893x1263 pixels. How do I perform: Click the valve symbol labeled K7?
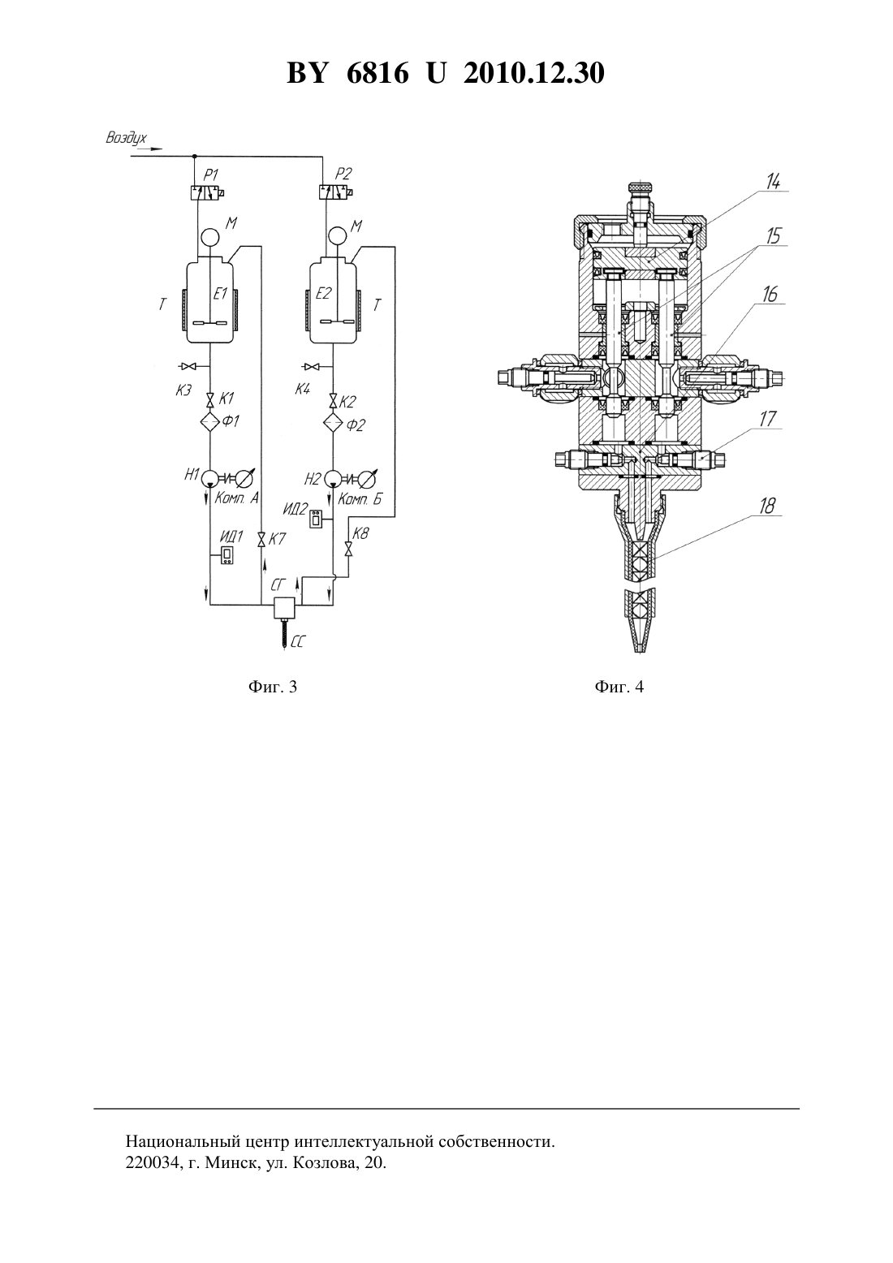click(x=261, y=540)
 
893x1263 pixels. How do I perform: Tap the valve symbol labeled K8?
click(x=348, y=549)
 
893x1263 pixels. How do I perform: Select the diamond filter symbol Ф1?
click(x=209, y=422)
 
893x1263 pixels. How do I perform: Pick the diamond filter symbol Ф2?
click(x=333, y=422)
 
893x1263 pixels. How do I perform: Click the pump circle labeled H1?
click(x=209, y=479)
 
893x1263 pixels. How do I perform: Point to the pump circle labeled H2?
click(x=333, y=479)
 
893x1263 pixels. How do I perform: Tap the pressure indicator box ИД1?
click(x=228, y=555)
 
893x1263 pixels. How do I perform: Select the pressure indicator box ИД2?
click(x=317, y=519)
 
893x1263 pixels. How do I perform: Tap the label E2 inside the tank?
click(x=324, y=293)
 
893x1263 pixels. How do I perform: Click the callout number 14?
click(x=773, y=181)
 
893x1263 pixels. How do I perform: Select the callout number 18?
click(x=768, y=506)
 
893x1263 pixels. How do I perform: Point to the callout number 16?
click(x=770, y=294)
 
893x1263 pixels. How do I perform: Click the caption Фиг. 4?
click(x=619, y=687)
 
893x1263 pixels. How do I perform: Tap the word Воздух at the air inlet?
click(x=127, y=139)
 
